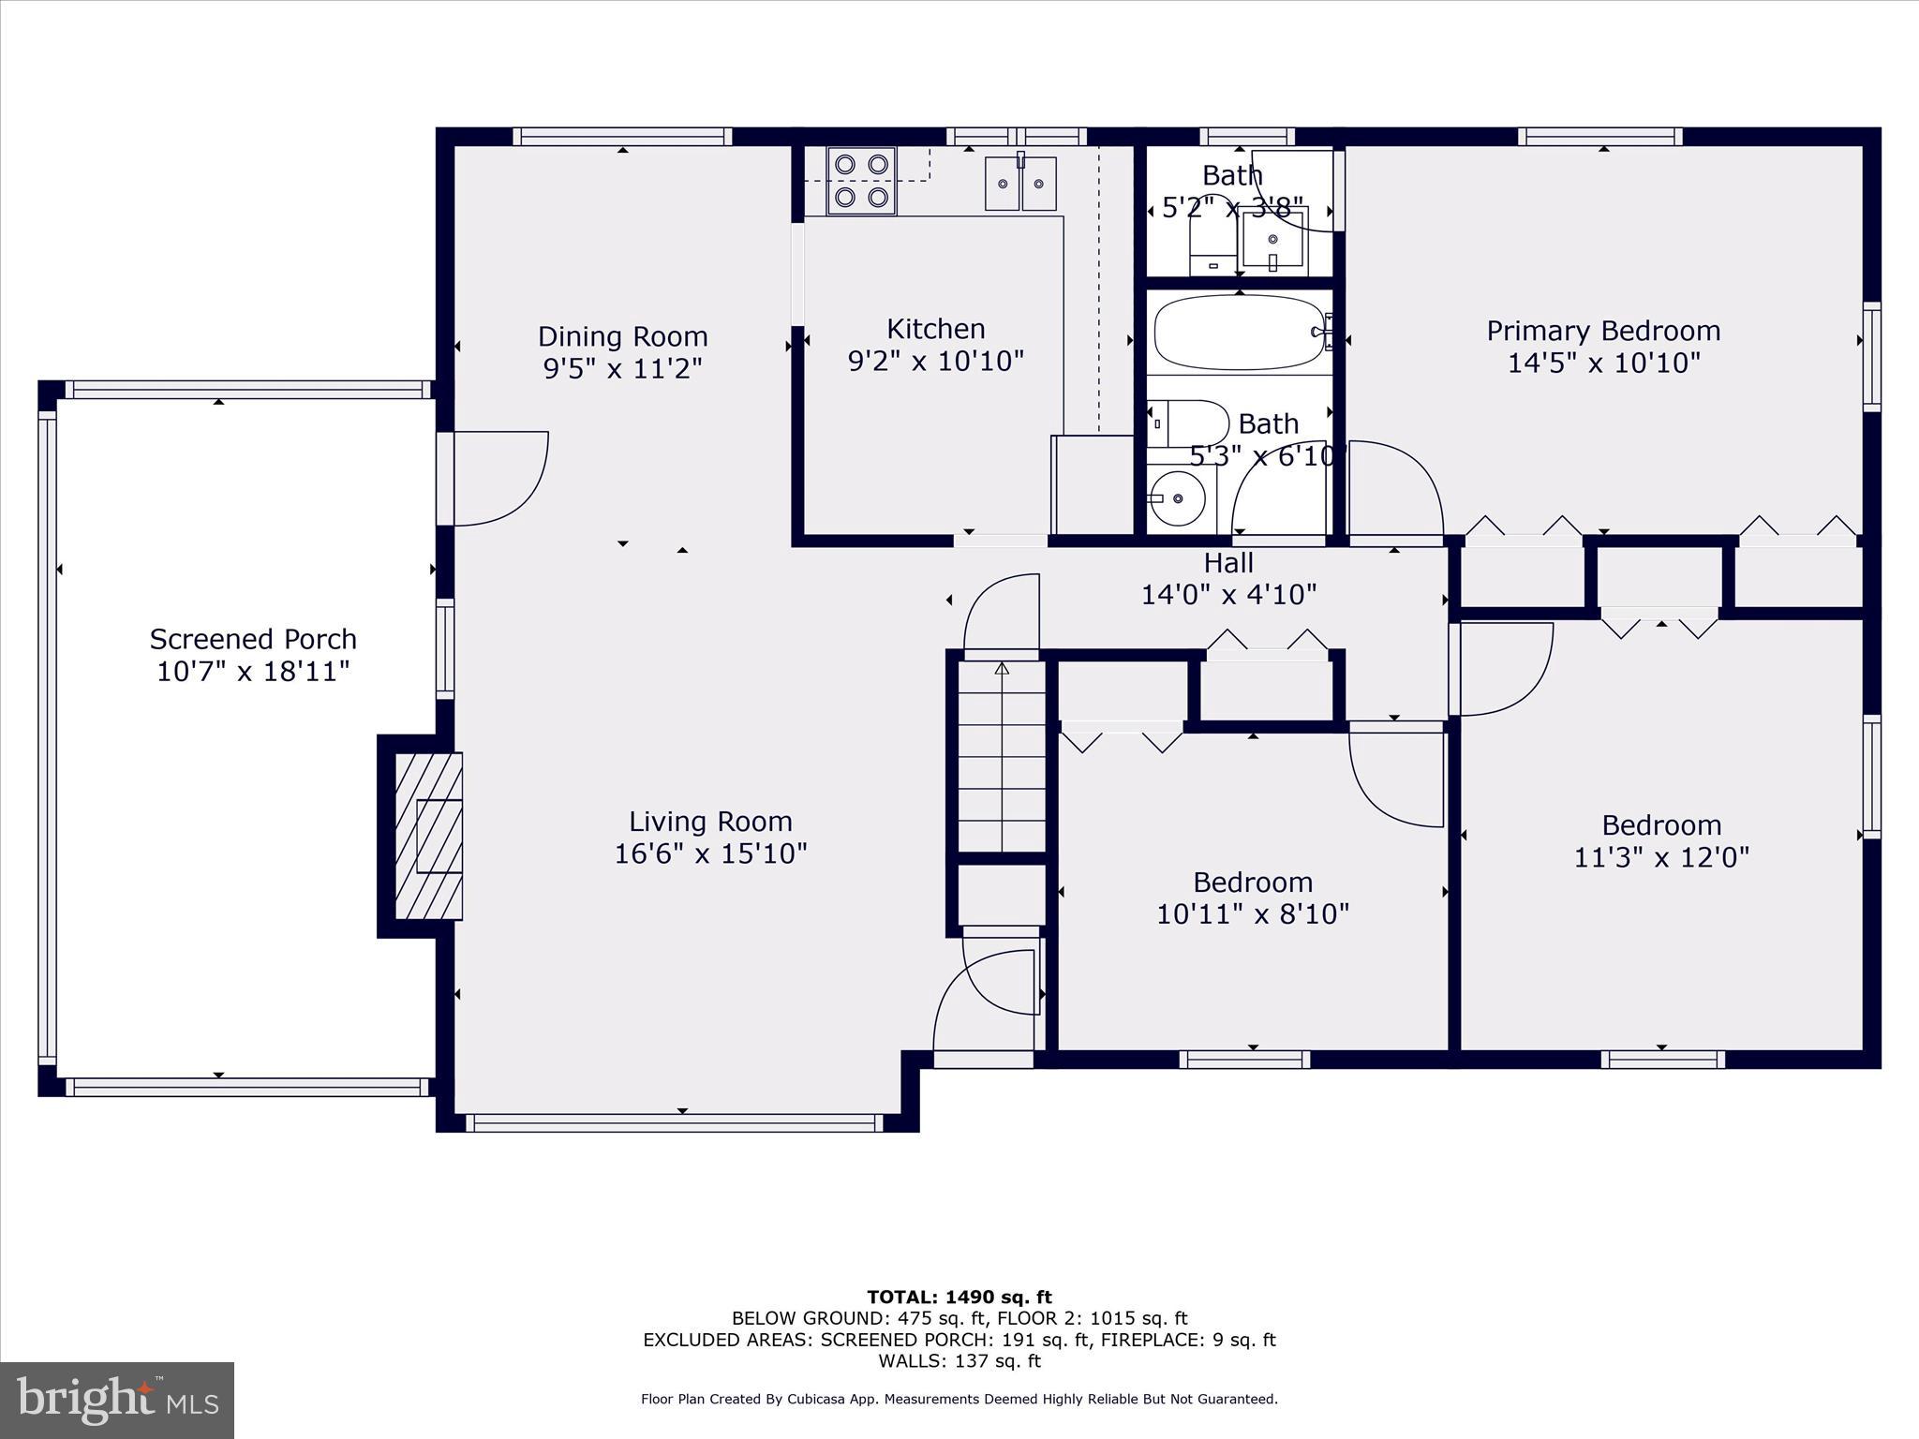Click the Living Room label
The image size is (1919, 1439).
pyautogui.click(x=710, y=822)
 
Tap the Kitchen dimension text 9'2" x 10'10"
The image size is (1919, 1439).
pyautogui.click(x=935, y=362)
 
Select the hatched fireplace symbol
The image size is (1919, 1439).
pyautogui.click(x=428, y=836)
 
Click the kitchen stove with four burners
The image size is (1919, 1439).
pyautogui.click(x=861, y=181)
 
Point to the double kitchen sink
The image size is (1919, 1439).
pyautogui.click(x=1019, y=185)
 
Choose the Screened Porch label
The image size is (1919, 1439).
pyautogui.click(x=253, y=640)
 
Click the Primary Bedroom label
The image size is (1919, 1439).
pyautogui.click(x=1603, y=331)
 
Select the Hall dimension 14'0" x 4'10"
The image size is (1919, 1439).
pyautogui.click(x=1228, y=595)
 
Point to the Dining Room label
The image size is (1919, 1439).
pyautogui.click(x=622, y=336)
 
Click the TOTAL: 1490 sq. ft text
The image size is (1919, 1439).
pyautogui.click(x=959, y=1298)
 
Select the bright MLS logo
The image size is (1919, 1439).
pyautogui.click(x=117, y=1400)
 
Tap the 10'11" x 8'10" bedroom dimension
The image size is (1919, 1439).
pyautogui.click(x=1252, y=914)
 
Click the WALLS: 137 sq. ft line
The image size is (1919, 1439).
pyautogui.click(x=959, y=1361)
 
